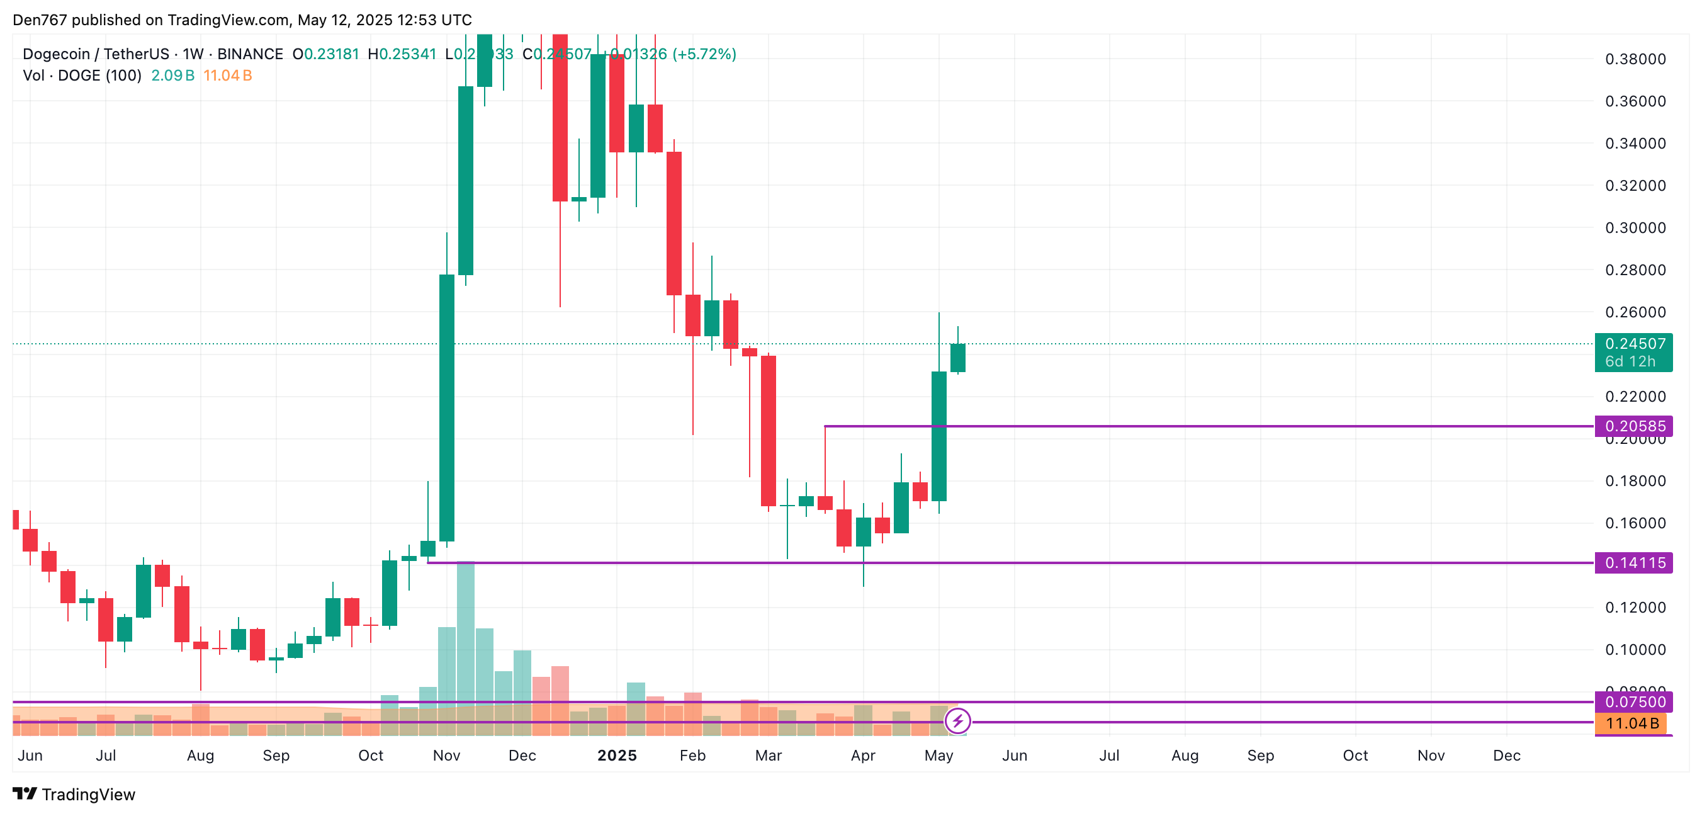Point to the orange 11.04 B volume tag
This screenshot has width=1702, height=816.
[1630, 723]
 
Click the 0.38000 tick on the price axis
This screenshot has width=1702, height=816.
[1635, 59]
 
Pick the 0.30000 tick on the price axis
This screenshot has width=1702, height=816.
[1635, 228]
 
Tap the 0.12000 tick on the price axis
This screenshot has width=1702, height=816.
[1635, 607]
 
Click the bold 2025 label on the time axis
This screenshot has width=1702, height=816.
[616, 755]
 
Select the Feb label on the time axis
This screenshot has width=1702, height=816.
[692, 755]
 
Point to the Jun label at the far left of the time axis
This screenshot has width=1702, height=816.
[30, 755]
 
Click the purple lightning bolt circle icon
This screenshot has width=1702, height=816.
[957, 721]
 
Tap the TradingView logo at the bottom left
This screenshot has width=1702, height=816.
[74, 794]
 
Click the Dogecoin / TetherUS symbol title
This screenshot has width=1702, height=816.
[96, 54]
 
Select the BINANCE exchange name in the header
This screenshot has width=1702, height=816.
[250, 54]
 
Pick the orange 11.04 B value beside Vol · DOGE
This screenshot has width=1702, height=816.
[227, 76]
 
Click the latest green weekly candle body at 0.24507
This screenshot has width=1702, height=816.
[957, 358]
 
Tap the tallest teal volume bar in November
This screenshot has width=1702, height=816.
[465, 634]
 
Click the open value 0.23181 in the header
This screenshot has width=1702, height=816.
[331, 54]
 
